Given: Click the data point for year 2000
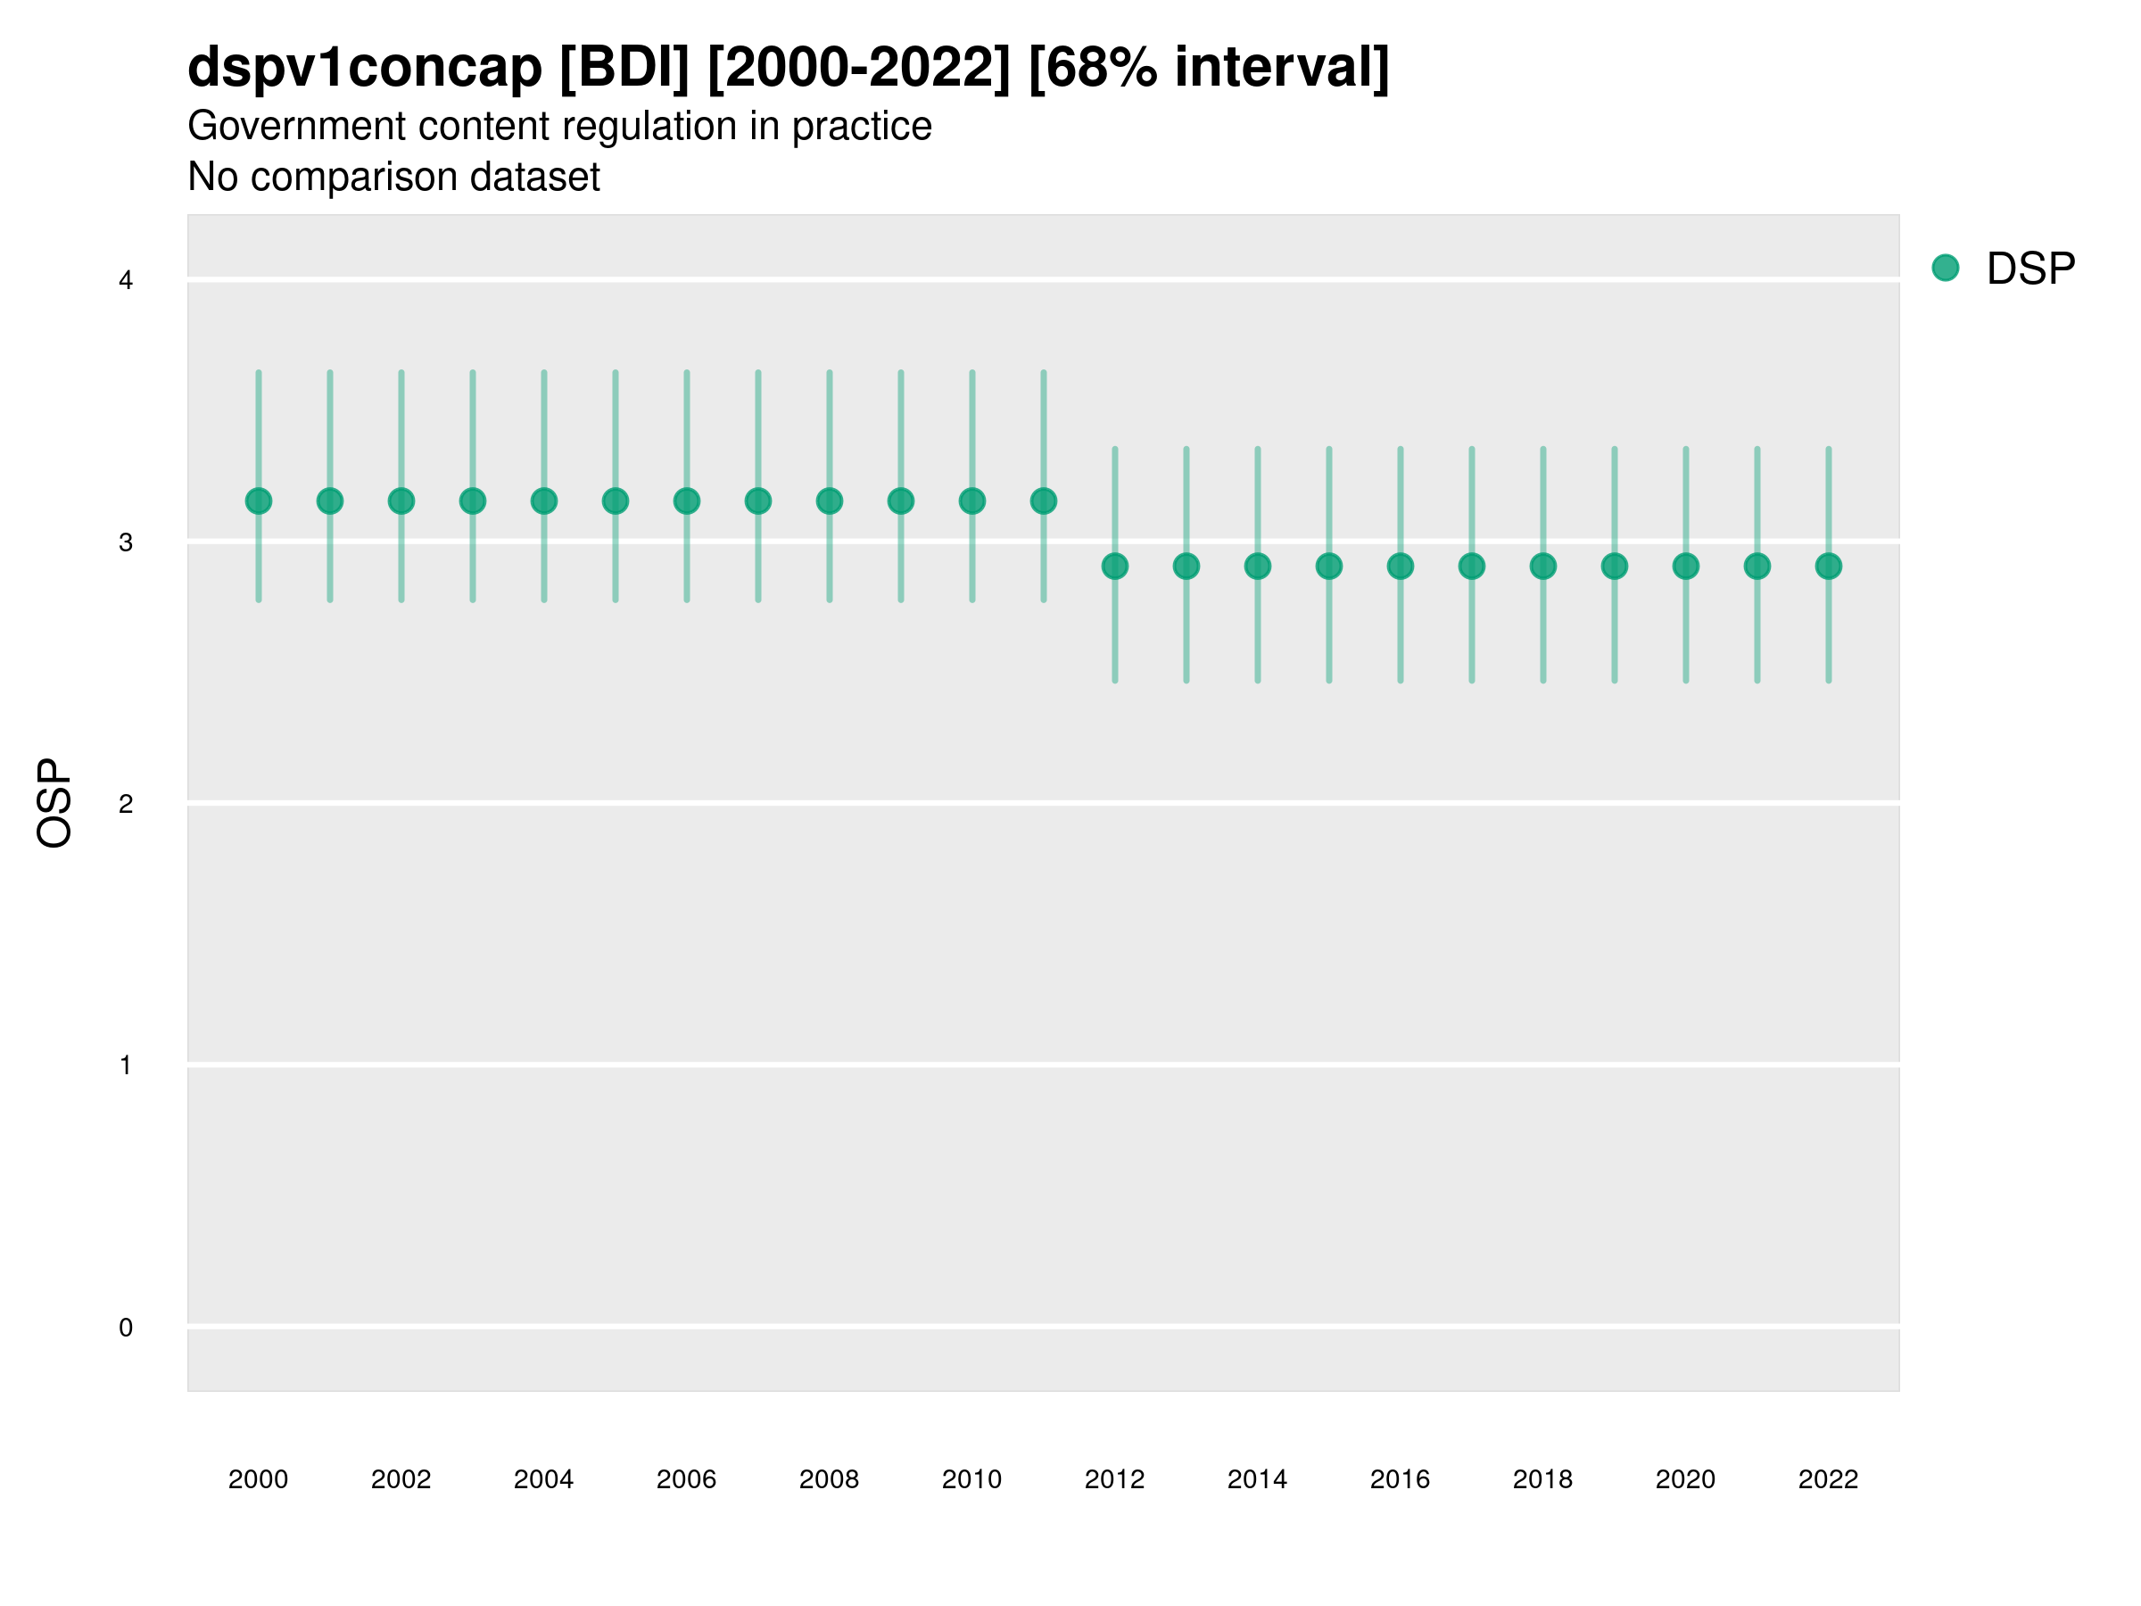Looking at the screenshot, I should click(259, 501).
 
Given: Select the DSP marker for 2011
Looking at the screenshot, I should click(1044, 501).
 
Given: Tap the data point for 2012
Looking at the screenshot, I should click(1115, 567).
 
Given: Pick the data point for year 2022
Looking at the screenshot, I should click(1829, 567).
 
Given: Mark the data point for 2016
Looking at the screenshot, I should click(1401, 567).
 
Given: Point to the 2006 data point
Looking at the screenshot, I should click(686, 501).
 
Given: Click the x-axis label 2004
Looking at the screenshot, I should click(543, 1479).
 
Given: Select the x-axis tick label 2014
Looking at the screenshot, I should click(1257, 1479).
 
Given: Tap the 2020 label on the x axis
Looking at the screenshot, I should click(1685, 1479).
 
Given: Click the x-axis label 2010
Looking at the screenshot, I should click(971, 1479).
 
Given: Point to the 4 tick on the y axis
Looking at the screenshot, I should click(126, 281).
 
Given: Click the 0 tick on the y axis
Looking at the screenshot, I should click(126, 1328).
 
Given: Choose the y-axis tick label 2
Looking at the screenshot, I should click(126, 804).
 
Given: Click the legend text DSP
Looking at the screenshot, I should click(2030, 269).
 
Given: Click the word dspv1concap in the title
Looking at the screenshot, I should click(365, 67).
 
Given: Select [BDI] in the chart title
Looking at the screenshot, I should click(624, 67).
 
